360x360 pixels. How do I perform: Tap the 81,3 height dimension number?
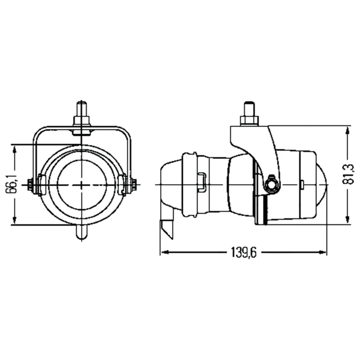(x=348, y=174)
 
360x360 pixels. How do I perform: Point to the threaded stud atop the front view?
(x=82, y=109)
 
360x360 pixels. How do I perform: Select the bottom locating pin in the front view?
(x=82, y=232)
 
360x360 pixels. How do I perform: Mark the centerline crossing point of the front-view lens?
(x=82, y=185)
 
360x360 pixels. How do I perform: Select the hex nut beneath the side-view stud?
(x=249, y=120)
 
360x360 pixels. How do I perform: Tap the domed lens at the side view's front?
(x=321, y=185)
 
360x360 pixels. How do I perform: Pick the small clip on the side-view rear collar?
(x=202, y=181)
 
